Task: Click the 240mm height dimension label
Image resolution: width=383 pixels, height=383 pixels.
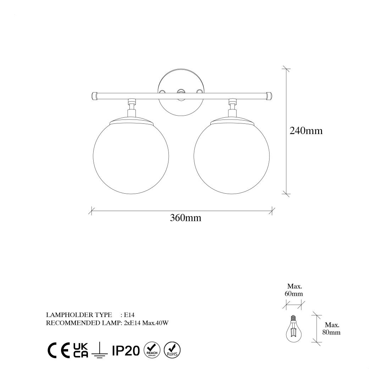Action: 306,131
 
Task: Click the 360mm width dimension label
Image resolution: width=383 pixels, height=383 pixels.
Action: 185,218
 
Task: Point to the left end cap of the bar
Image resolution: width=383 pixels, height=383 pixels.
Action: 95,96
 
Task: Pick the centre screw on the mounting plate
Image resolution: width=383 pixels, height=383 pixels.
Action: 181,92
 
